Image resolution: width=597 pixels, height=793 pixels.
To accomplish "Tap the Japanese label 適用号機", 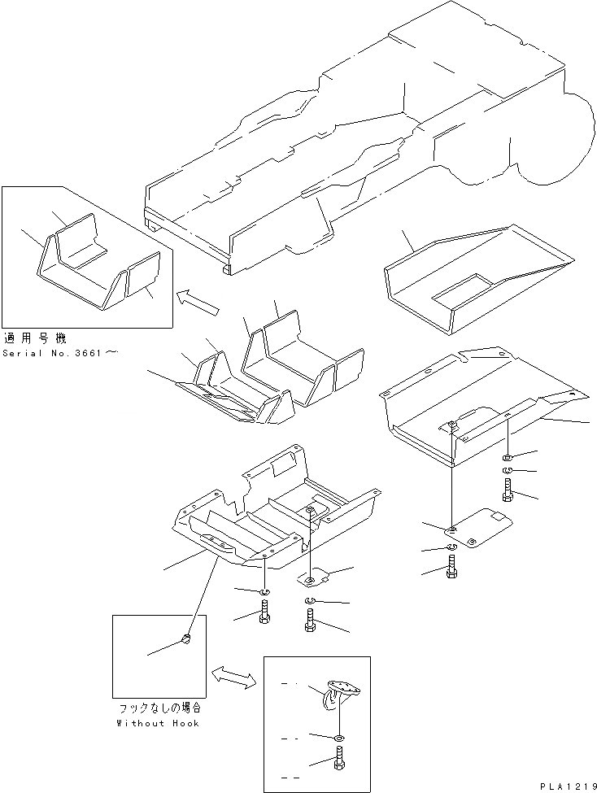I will [33, 338].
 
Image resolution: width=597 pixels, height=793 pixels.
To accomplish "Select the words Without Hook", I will [158, 722].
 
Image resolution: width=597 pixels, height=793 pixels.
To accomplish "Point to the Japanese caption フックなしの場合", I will [159, 709].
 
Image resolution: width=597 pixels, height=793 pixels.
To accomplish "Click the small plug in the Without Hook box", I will [185, 640].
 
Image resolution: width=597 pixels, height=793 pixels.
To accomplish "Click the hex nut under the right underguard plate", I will [507, 455].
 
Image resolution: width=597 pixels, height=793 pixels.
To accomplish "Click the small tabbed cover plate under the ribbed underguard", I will [312, 577].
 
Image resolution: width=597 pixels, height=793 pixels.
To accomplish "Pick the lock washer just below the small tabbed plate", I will [312, 601].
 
